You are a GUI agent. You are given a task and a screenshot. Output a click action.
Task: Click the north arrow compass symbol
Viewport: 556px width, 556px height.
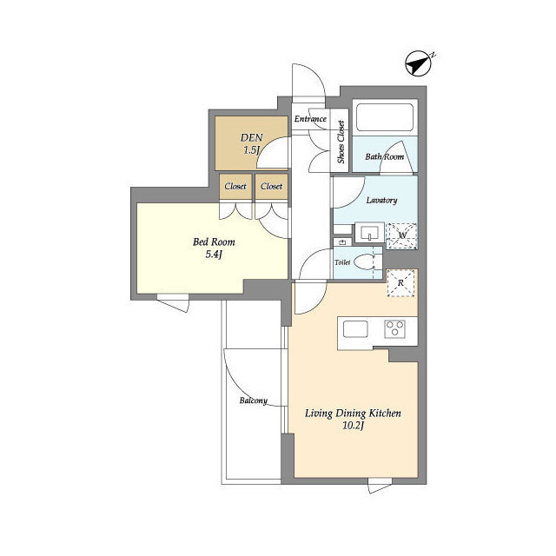click(419, 64)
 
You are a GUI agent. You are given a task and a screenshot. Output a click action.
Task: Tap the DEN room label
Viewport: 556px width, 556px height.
click(252, 137)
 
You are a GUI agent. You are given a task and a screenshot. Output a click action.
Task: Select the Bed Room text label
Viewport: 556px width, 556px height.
click(214, 242)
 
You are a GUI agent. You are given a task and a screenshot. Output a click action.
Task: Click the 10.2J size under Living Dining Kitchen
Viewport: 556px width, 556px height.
click(354, 425)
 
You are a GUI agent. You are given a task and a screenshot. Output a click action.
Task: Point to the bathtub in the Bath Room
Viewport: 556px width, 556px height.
click(385, 117)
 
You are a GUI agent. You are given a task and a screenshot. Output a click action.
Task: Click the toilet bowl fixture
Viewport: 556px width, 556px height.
click(364, 262)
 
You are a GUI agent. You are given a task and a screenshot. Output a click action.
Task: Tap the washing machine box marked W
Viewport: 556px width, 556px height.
click(401, 235)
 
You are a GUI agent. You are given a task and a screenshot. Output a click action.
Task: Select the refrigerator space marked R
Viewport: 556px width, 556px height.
click(401, 283)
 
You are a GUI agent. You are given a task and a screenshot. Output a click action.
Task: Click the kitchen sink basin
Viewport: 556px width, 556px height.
click(355, 329)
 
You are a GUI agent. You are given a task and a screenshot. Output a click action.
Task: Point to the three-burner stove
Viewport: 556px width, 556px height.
click(395, 329)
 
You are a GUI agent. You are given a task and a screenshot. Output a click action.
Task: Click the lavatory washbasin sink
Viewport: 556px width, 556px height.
click(369, 233)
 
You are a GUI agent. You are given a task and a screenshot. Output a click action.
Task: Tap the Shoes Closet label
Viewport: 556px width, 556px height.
click(341, 142)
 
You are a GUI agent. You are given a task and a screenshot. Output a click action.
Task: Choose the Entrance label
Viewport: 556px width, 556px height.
click(310, 119)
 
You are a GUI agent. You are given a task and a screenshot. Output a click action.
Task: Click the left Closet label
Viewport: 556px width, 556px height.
click(235, 186)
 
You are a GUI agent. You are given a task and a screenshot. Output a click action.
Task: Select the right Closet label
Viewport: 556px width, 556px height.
click(272, 186)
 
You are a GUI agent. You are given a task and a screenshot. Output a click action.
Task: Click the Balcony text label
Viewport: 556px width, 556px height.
click(254, 400)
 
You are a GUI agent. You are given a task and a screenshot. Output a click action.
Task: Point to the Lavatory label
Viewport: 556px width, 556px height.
click(381, 201)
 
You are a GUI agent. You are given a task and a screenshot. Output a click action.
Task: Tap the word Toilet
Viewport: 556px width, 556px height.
click(342, 262)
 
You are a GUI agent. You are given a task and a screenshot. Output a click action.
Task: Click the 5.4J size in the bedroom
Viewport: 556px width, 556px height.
click(214, 255)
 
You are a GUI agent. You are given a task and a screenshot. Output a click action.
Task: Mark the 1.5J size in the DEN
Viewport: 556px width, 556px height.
click(251, 150)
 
